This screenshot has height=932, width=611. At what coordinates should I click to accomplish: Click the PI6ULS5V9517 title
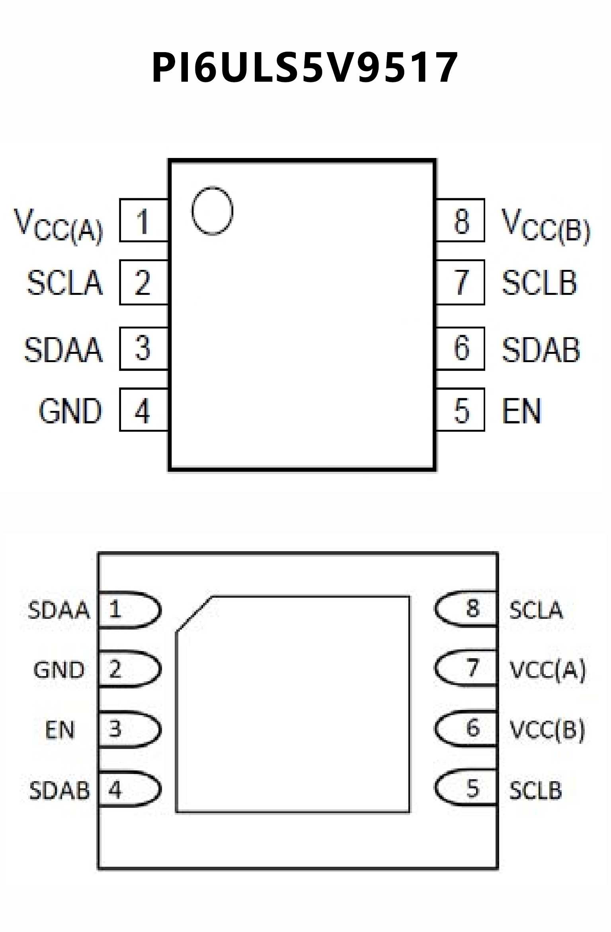pos(305,68)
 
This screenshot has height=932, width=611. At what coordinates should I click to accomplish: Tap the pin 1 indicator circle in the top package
pos(212,211)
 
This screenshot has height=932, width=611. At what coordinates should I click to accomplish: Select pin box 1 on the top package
pos(144,220)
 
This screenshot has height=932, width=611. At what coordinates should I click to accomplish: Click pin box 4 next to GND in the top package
pos(144,410)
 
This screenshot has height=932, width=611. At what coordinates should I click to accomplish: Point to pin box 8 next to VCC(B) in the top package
pos(461,220)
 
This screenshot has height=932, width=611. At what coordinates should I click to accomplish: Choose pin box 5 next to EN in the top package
pos(461,410)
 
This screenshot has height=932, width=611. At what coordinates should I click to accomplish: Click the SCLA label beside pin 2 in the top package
pos(65,283)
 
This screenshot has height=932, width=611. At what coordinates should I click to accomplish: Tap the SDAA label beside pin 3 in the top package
pos(64,349)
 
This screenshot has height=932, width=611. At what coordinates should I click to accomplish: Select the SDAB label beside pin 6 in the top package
pos(541,349)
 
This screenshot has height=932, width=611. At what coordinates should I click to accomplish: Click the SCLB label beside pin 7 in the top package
pos(539,283)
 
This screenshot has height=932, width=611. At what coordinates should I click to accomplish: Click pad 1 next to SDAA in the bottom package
pos(129,610)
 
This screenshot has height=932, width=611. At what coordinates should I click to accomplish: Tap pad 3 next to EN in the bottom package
pos(129,729)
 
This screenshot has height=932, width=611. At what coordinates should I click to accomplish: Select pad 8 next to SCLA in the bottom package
pos(466,608)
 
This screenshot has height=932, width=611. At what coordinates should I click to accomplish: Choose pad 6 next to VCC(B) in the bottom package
pos(466,728)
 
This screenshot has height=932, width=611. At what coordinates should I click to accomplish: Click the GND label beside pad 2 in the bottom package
pos(59,670)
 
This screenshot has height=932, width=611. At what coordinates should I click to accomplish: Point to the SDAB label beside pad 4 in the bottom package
pos(59,790)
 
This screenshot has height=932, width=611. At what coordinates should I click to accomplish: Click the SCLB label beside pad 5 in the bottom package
pos(535,790)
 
